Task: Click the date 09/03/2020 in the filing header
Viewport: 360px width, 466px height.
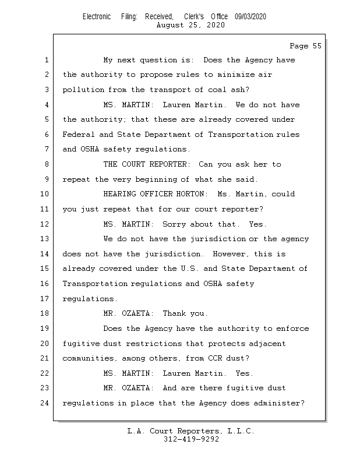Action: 250,17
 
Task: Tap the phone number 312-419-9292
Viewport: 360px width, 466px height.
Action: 191,439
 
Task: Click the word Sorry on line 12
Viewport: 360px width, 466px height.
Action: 174,224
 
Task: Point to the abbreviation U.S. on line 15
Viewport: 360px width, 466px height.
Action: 190,269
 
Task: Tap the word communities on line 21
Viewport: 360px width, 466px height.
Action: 87,358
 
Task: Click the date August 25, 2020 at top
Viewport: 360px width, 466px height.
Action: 191,25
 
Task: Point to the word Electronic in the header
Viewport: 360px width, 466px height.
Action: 97,17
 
